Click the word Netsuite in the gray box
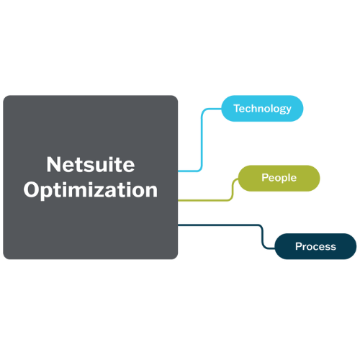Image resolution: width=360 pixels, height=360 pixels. [x=91, y=164]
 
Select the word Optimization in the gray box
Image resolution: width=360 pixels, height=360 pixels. [x=91, y=190]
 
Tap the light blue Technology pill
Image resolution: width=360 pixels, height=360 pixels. [x=262, y=109]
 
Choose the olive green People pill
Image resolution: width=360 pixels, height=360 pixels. [x=279, y=178]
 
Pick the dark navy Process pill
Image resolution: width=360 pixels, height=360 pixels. [x=315, y=246]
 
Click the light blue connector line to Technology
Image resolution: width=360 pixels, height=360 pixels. [x=201, y=139]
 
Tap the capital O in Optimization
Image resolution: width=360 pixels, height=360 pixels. [x=32, y=189]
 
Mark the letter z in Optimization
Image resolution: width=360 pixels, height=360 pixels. [x=112, y=192]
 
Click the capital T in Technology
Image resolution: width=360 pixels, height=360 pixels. [x=238, y=108]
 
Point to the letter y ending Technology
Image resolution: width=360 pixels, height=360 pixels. [x=288, y=110]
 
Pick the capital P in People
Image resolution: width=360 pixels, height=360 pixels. [x=264, y=178]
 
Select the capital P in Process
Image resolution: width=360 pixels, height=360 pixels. [x=298, y=246]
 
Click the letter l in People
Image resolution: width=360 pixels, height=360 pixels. [x=289, y=177]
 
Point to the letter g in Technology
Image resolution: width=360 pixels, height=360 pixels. [x=282, y=110]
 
